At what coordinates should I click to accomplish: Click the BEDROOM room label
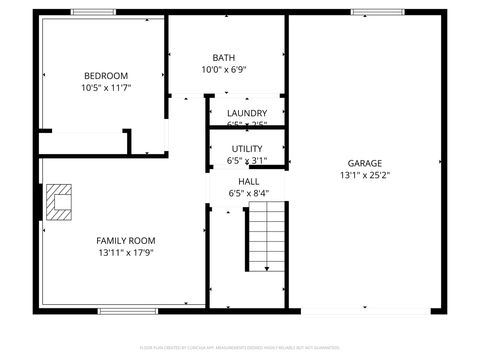(x=106, y=76)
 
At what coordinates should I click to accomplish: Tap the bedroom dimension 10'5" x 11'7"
(x=106, y=88)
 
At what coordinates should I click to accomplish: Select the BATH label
(x=224, y=57)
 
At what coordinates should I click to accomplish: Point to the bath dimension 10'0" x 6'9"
(x=224, y=70)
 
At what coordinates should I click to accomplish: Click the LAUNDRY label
(x=246, y=113)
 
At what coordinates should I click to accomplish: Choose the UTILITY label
(x=247, y=148)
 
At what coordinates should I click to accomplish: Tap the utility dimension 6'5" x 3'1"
(x=247, y=160)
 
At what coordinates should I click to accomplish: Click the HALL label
(x=249, y=181)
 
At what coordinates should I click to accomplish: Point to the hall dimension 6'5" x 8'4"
(x=249, y=193)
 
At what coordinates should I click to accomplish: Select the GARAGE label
(x=364, y=163)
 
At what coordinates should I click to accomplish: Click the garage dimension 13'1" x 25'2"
(x=364, y=175)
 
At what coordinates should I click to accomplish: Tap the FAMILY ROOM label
(x=126, y=240)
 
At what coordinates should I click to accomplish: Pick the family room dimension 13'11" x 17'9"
(x=126, y=253)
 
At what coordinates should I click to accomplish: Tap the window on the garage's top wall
(x=365, y=12)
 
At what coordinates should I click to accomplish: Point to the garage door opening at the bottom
(x=365, y=309)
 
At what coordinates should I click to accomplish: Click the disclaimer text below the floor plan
(x=240, y=347)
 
